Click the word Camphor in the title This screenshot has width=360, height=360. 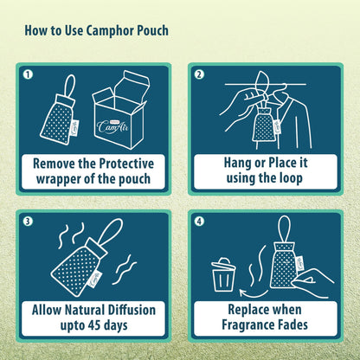click(106, 31)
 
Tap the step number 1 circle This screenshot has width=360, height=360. click(29, 74)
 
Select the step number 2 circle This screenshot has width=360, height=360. click(199, 74)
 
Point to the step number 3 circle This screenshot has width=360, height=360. click(29, 220)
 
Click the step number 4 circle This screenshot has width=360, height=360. click(199, 220)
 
